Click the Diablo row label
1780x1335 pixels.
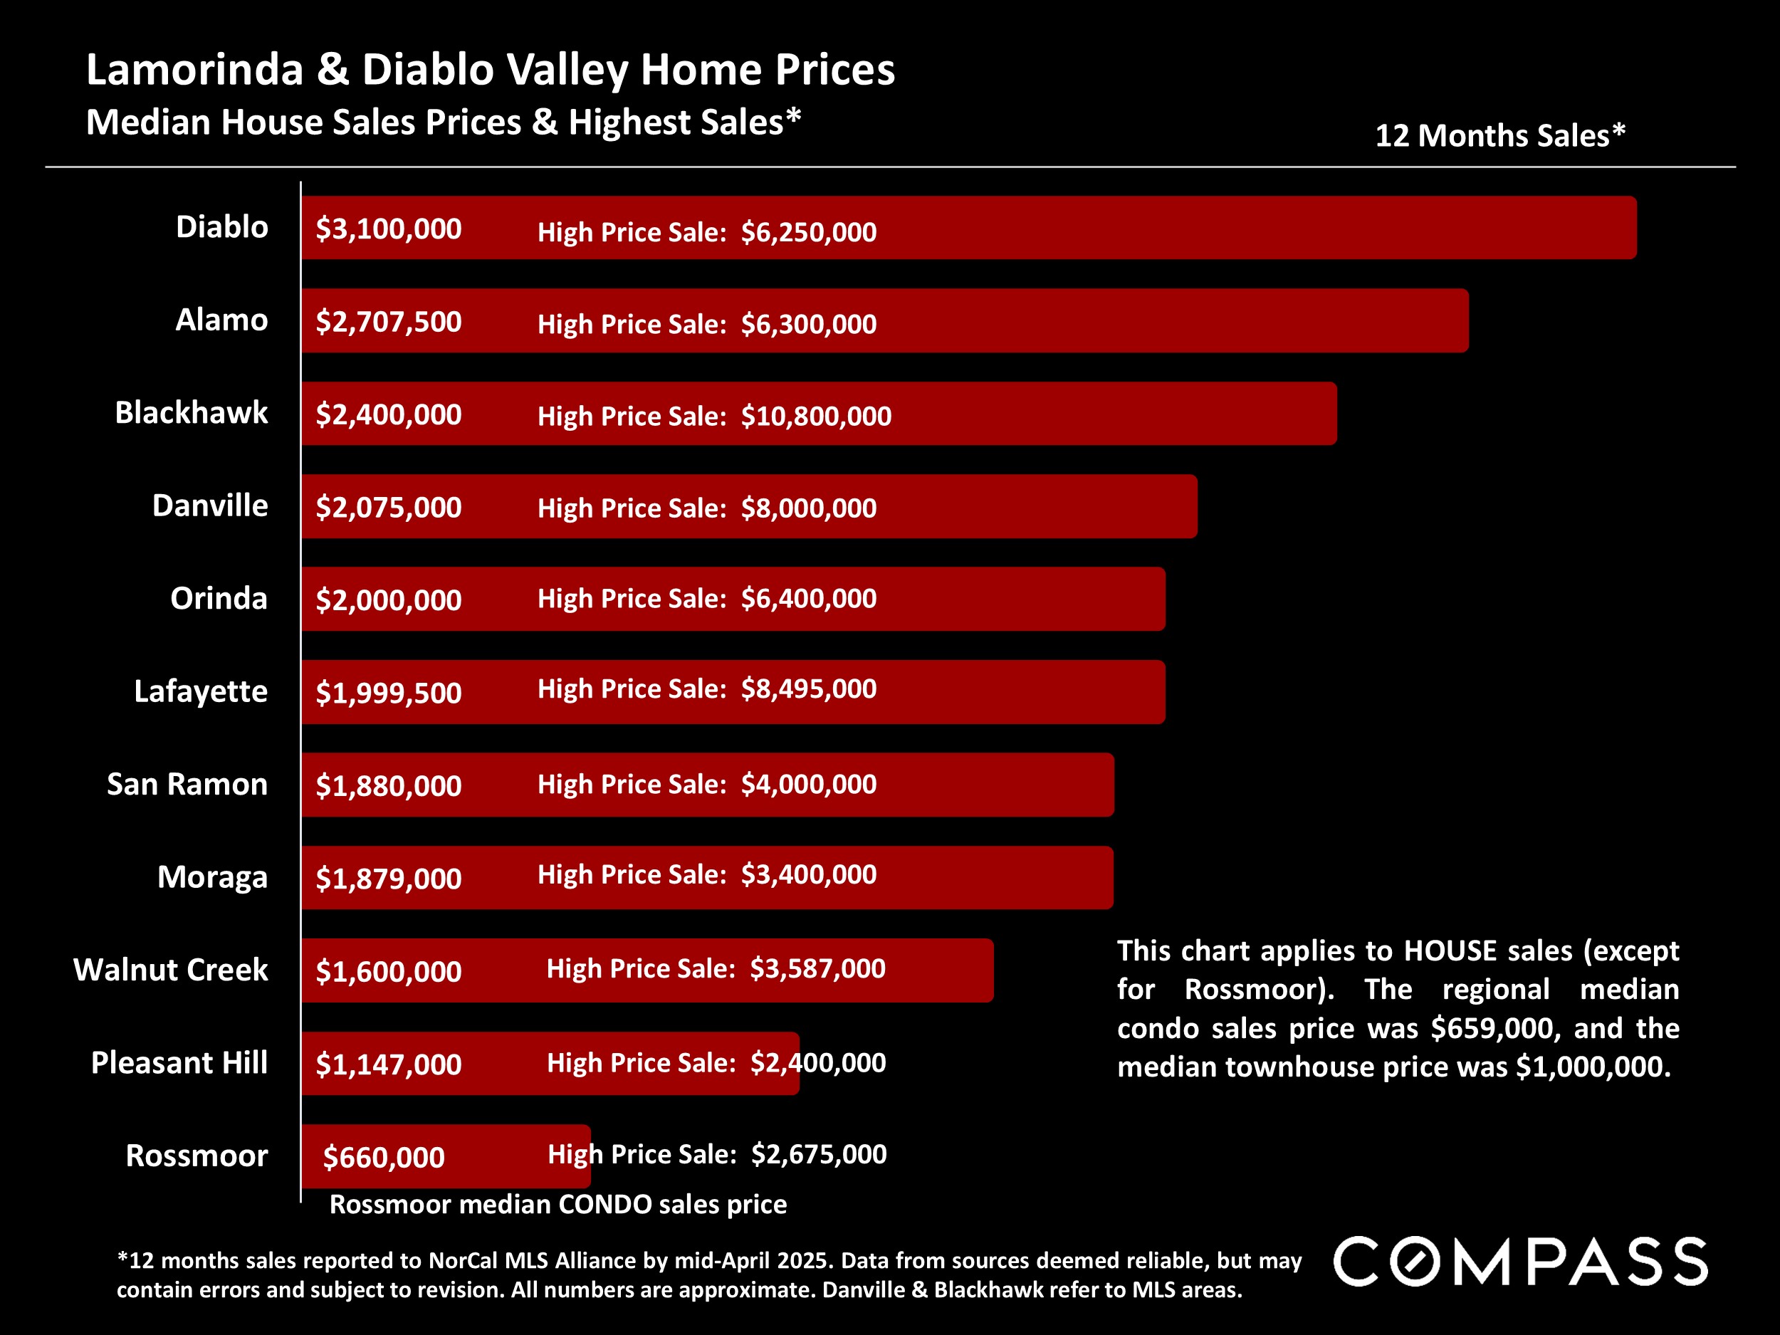(221, 227)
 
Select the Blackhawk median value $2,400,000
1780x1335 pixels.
(388, 414)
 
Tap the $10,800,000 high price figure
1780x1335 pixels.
(815, 416)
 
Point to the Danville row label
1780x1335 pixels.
(209, 506)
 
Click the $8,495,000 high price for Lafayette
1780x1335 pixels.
(808, 689)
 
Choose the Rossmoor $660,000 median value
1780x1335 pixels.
(383, 1157)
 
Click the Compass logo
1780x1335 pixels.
(1520, 1262)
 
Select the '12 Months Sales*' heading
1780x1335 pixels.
(1500, 135)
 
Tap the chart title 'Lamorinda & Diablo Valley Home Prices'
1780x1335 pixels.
(490, 69)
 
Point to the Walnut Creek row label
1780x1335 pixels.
(171, 970)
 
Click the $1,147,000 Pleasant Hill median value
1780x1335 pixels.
(388, 1064)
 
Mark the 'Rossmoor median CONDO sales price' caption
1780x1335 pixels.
(557, 1204)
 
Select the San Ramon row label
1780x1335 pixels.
(187, 784)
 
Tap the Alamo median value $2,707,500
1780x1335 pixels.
(388, 322)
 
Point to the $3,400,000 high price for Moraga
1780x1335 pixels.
(808, 875)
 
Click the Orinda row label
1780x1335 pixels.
(218, 598)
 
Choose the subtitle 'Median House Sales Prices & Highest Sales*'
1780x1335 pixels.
(444, 122)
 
